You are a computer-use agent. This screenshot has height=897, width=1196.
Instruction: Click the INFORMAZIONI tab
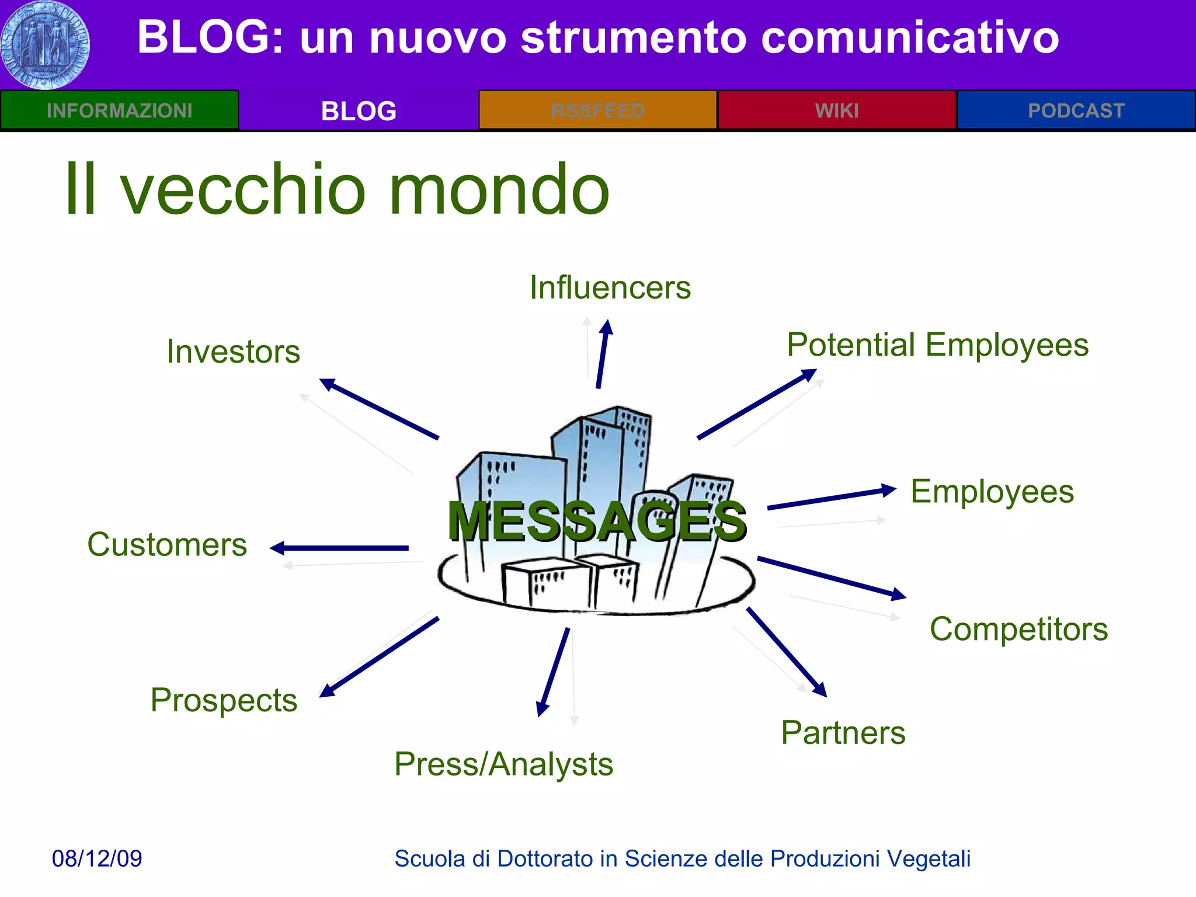(x=119, y=110)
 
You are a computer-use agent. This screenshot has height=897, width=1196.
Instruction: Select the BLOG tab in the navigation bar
(x=359, y=110)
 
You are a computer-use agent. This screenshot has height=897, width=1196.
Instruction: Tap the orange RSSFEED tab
(x=597, y=110)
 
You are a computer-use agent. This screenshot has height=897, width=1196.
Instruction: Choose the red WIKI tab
(x=837, y=110)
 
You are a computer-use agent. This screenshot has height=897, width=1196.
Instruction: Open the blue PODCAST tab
(x=1076, y=110)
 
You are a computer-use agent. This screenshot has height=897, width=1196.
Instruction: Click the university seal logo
(x=46, y=45)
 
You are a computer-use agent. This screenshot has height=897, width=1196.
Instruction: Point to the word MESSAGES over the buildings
(x=597, y=521)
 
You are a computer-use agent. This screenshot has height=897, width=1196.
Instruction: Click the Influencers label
(x=610, y=287)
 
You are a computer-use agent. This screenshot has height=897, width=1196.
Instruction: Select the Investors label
(x=234, y=352)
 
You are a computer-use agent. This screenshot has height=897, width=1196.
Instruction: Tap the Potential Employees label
(x=937, y=345)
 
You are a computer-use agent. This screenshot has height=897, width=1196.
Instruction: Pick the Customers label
(x=167, y=544)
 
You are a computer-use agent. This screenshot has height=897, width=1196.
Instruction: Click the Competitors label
(x=1018, y=629)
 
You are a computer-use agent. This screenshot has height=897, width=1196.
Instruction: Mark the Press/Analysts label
(x=503, y=764)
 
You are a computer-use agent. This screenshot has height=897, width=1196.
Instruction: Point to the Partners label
(x=843, y=733)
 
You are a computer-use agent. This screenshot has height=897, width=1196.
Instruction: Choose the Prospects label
(x=224, y=700)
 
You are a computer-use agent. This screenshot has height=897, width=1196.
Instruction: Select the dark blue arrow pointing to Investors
(x=380, y=409)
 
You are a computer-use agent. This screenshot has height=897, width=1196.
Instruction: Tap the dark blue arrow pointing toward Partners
(x=787, y=652)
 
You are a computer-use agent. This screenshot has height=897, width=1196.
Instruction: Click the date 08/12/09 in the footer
(x=97, y=858)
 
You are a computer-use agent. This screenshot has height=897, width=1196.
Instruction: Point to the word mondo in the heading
(x=499, y=190)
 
